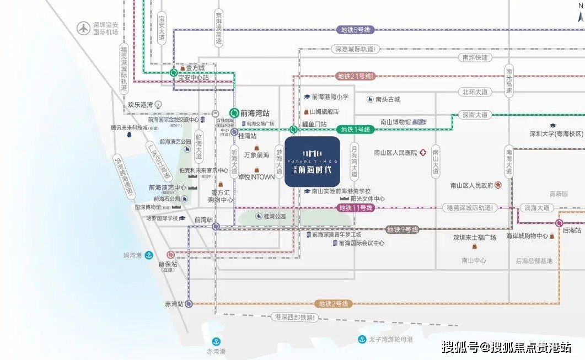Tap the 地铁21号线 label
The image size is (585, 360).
(356, 76)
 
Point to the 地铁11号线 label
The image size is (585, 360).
(356, 208)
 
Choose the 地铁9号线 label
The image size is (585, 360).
(402, 229)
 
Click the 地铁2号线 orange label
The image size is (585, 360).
(334, 304)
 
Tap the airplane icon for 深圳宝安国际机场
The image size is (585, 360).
(83, 28)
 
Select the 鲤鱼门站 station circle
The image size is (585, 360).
(293, 130)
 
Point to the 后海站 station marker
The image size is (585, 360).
(559, 223)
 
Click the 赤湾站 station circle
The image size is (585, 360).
(189, 304)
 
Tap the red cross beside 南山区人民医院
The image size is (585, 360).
(423, 153)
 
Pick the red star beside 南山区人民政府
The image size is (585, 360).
(498, 185)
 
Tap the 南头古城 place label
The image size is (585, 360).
(388, 99)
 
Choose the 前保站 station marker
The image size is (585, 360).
(170, 255)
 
